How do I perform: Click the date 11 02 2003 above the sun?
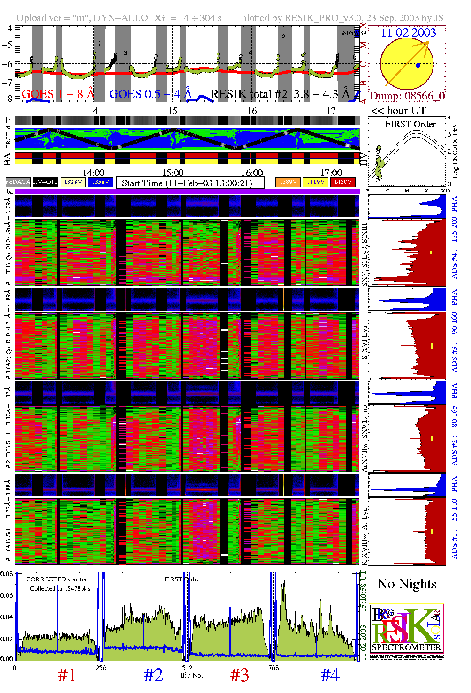point(408,33)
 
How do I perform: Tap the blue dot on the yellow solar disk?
point(418,65)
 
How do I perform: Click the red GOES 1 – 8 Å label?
point(58,94)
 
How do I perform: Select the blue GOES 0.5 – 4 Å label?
point(150,94)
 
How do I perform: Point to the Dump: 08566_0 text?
point(407,96)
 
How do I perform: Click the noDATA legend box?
point(18,182)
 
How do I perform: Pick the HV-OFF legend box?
point(46,182)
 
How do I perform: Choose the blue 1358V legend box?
point(100,182)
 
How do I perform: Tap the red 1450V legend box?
point(343,182)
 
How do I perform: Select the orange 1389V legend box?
point(288,182)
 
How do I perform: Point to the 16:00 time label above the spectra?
point(252,173)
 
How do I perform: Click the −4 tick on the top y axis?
point(7,28)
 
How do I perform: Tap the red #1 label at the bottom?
point(67,675)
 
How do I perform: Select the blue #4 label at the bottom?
point(330,675)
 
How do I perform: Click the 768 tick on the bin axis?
point(273,668)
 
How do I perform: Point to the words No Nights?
point(407,584)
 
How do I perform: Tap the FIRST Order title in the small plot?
point(410,124)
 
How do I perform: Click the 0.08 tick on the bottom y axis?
point(7,574)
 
